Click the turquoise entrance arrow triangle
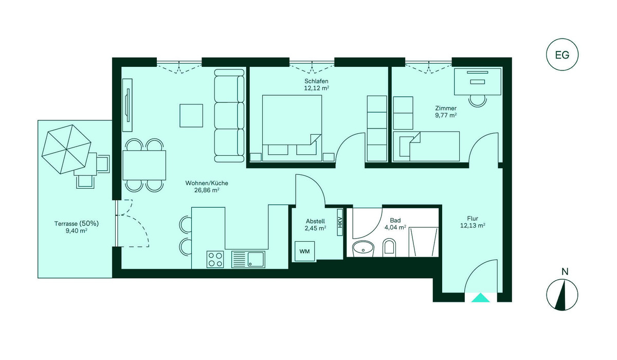[480, 298]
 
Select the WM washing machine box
[304, 251]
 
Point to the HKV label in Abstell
[340, 222]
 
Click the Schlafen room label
[316, 81]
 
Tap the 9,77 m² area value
[446, 115]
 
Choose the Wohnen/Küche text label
[207, 183]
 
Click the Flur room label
[473, 219]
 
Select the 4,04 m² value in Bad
[395, 227]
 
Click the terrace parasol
[66, 149]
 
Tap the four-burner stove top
[215, 259]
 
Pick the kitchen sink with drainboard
[248, 259]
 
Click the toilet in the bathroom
[389, 246]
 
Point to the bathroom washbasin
[364, 249]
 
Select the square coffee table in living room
[191, 116]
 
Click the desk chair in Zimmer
[478, 101]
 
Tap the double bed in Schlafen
[292, 128]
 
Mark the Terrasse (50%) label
[76, 224]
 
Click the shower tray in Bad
[423, 242]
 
